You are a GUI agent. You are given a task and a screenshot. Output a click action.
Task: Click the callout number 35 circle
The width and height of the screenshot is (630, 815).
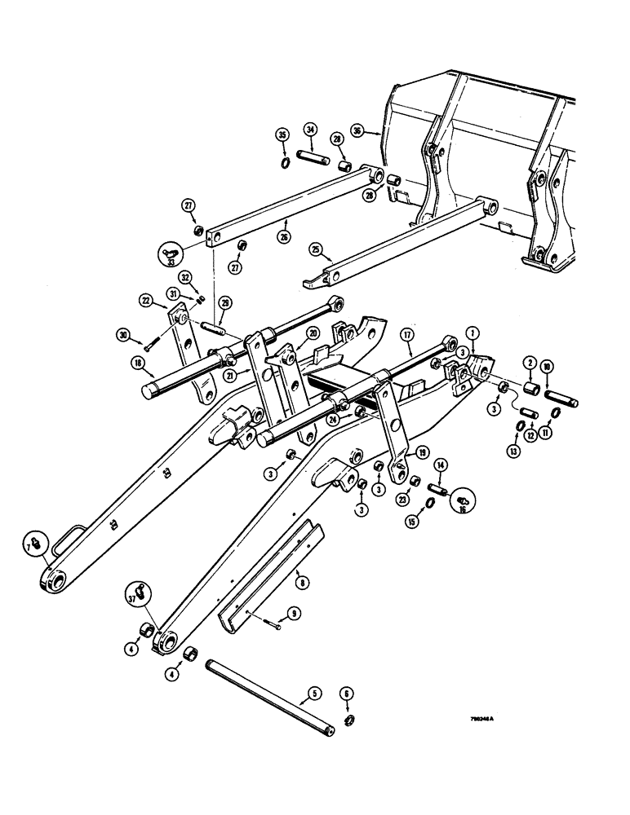(x=282, y=134)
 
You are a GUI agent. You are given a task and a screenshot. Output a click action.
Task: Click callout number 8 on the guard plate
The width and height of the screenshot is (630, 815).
(x=304, y=583)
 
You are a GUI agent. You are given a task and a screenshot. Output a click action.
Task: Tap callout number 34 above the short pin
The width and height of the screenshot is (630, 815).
(x=311, y=130)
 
